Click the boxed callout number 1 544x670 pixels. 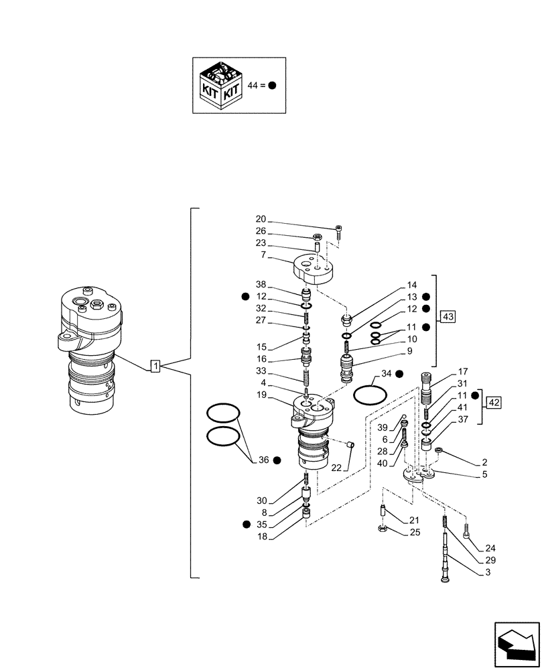click(155, 366)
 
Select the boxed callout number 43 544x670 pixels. click(448, 316)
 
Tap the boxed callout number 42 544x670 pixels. click(494, 403)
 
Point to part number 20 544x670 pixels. click(261, 219)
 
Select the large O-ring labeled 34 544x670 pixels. click(369, 395)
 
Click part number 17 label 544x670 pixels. click(462, 372)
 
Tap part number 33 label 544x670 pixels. click(261, 371)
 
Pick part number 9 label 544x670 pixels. click(427, 350)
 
